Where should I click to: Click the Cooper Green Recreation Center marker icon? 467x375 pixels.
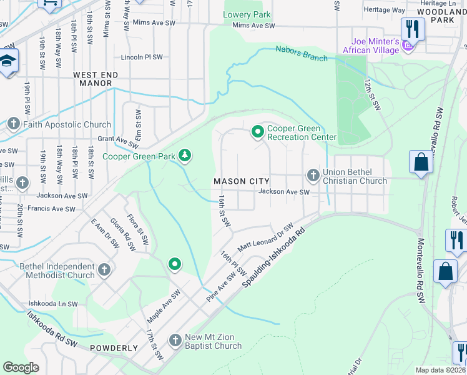(x=257, y=132)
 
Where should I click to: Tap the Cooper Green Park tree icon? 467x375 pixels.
(x=184, y=154)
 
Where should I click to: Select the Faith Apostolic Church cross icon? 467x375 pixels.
(x=13, y=124)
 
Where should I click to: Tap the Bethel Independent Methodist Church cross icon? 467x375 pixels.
(x=104, y=270)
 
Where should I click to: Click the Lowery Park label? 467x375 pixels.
(x=247, y=14)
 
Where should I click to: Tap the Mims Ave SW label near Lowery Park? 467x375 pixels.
(x=253, y=26)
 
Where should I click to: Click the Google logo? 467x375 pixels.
(x=21, y=367)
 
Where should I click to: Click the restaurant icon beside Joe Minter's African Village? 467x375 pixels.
(x=413, y=29)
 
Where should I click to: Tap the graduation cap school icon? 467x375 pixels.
(x=7, y=61)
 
